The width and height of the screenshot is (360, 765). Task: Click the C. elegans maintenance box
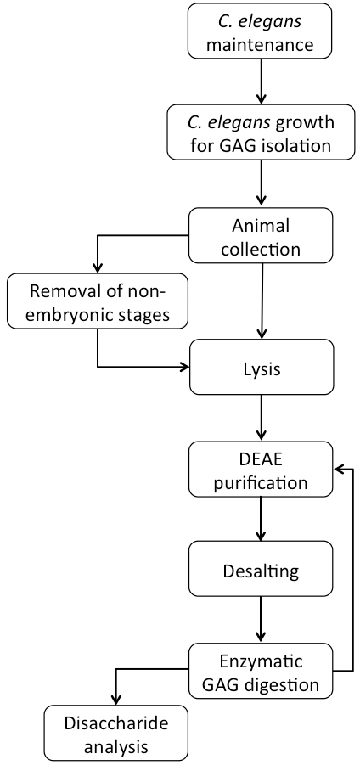(x=260, y=31)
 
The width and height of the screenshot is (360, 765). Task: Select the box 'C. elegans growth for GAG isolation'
(x=261, y=132)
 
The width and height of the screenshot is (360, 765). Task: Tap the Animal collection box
(x=261, y=236)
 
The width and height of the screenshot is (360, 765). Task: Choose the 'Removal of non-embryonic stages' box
(x=98, y=301)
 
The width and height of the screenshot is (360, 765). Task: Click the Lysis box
(x=262, y=367)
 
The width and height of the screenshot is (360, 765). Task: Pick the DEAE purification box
(x=261, y=469)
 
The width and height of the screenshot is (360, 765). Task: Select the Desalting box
(x=261, y=569)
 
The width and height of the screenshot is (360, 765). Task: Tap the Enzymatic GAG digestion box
(x=261, y=671)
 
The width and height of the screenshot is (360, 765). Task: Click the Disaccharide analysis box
(x=116, y=733)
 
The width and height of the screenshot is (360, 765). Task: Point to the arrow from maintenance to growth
(x=262, y=81)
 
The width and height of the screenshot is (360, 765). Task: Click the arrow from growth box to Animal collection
(x=262, y=183)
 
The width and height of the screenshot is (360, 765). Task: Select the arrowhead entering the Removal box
(x=98, y=267)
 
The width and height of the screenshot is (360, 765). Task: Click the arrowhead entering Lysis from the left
(x=183, y=367)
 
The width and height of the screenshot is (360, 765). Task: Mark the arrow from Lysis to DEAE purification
(x=262, y=418)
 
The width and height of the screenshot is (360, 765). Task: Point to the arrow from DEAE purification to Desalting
(x=261, y=519)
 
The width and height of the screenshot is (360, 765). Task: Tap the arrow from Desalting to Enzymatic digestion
(x=261, y=620)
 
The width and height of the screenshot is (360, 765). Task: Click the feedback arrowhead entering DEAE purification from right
(x=339, y=469)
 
